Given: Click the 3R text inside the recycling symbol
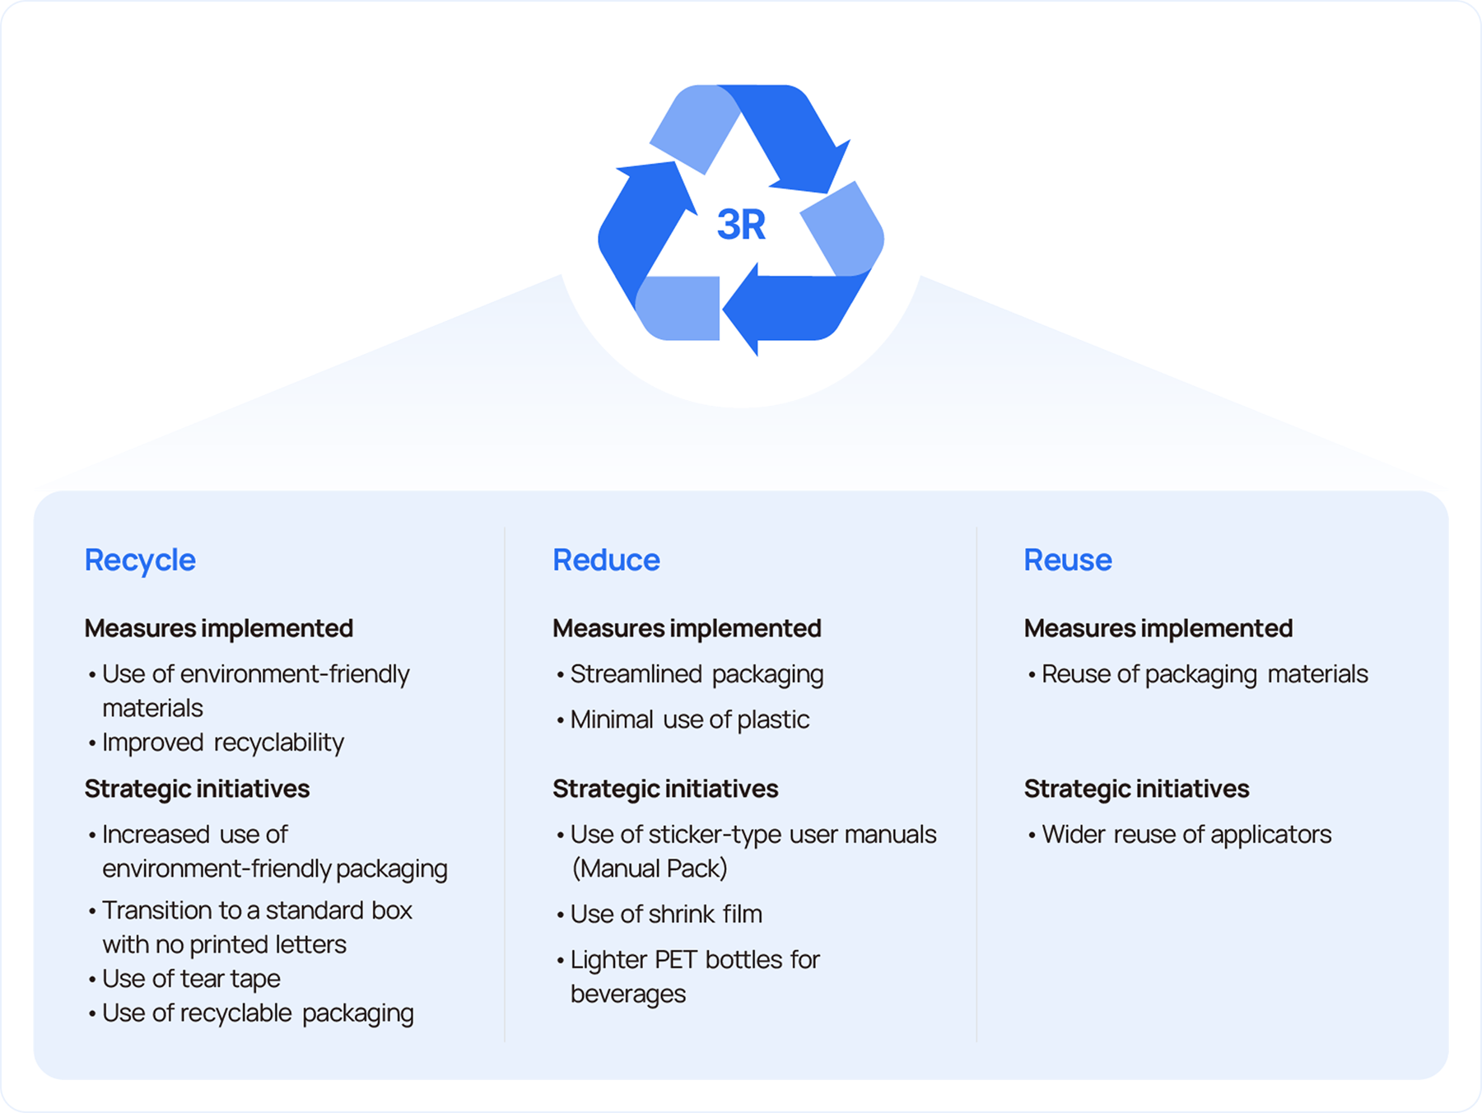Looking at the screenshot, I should [741, 225].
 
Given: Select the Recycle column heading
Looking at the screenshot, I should [140, 561].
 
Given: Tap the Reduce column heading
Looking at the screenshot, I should [606, 561].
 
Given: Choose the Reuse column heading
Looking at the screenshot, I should [1067, 561].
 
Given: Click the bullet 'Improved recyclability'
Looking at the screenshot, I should [222, 743].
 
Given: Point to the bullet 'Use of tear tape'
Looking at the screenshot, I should [191, 979].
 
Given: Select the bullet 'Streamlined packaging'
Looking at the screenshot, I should [697, 674].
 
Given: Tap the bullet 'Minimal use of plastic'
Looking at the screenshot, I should [689, 720].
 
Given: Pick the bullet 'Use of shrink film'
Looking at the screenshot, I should [666, 915].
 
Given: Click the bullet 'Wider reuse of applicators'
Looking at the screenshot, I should [1186, 835].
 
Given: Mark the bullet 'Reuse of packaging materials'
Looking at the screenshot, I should [1204, 674].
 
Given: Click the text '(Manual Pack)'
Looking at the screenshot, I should [650, 869].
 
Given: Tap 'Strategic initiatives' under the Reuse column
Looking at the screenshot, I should [1136, 789].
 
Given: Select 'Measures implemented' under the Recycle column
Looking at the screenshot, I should [218, 629].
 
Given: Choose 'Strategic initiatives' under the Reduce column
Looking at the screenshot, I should [665, 789].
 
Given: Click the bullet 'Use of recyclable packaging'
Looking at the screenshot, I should [258, 1013].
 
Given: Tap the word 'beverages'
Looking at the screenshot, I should [628, 994].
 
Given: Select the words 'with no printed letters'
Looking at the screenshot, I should [224, 945].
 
